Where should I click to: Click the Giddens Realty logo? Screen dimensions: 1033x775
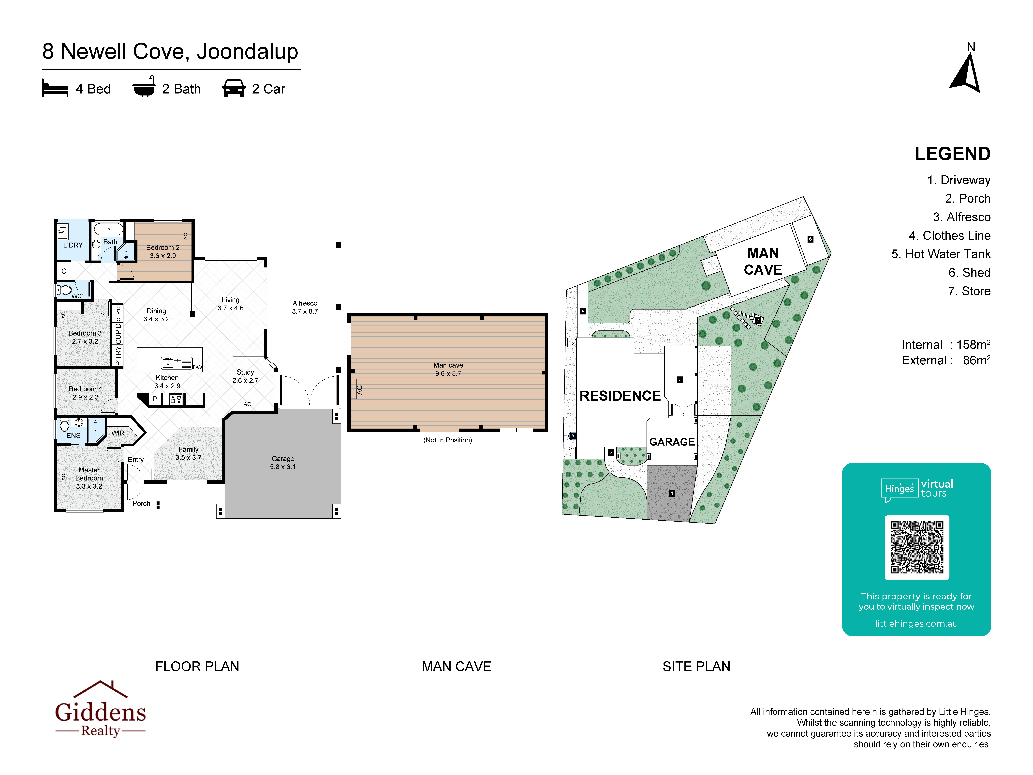[x=100, y=709]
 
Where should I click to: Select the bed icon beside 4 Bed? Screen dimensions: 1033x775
[x=55, y=88]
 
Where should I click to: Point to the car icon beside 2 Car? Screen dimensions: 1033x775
[x=234, y=88]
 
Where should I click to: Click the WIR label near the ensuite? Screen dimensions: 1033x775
[x=118, y=433]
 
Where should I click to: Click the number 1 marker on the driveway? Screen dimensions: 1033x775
[x=672, y=493]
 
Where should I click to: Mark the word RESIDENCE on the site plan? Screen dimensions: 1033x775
[x=620, y=396]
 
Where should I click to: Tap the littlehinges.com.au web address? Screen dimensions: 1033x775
[x=916, y=624]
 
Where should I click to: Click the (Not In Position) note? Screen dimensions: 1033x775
[x=447, y=440]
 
